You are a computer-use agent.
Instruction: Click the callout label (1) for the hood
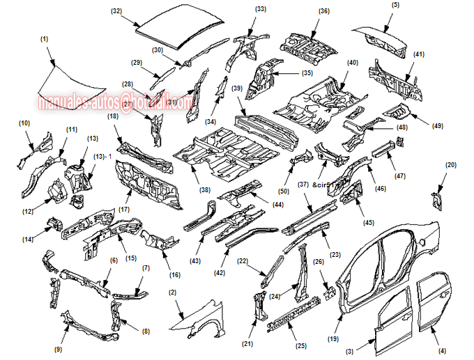[44, 40]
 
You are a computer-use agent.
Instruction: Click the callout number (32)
[116, 11]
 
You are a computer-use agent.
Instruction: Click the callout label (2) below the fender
[171, 292]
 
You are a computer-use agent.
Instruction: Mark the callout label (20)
[451, 165]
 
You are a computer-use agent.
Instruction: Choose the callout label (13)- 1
[103, 156]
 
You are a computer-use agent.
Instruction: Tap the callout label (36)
[323, 11]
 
